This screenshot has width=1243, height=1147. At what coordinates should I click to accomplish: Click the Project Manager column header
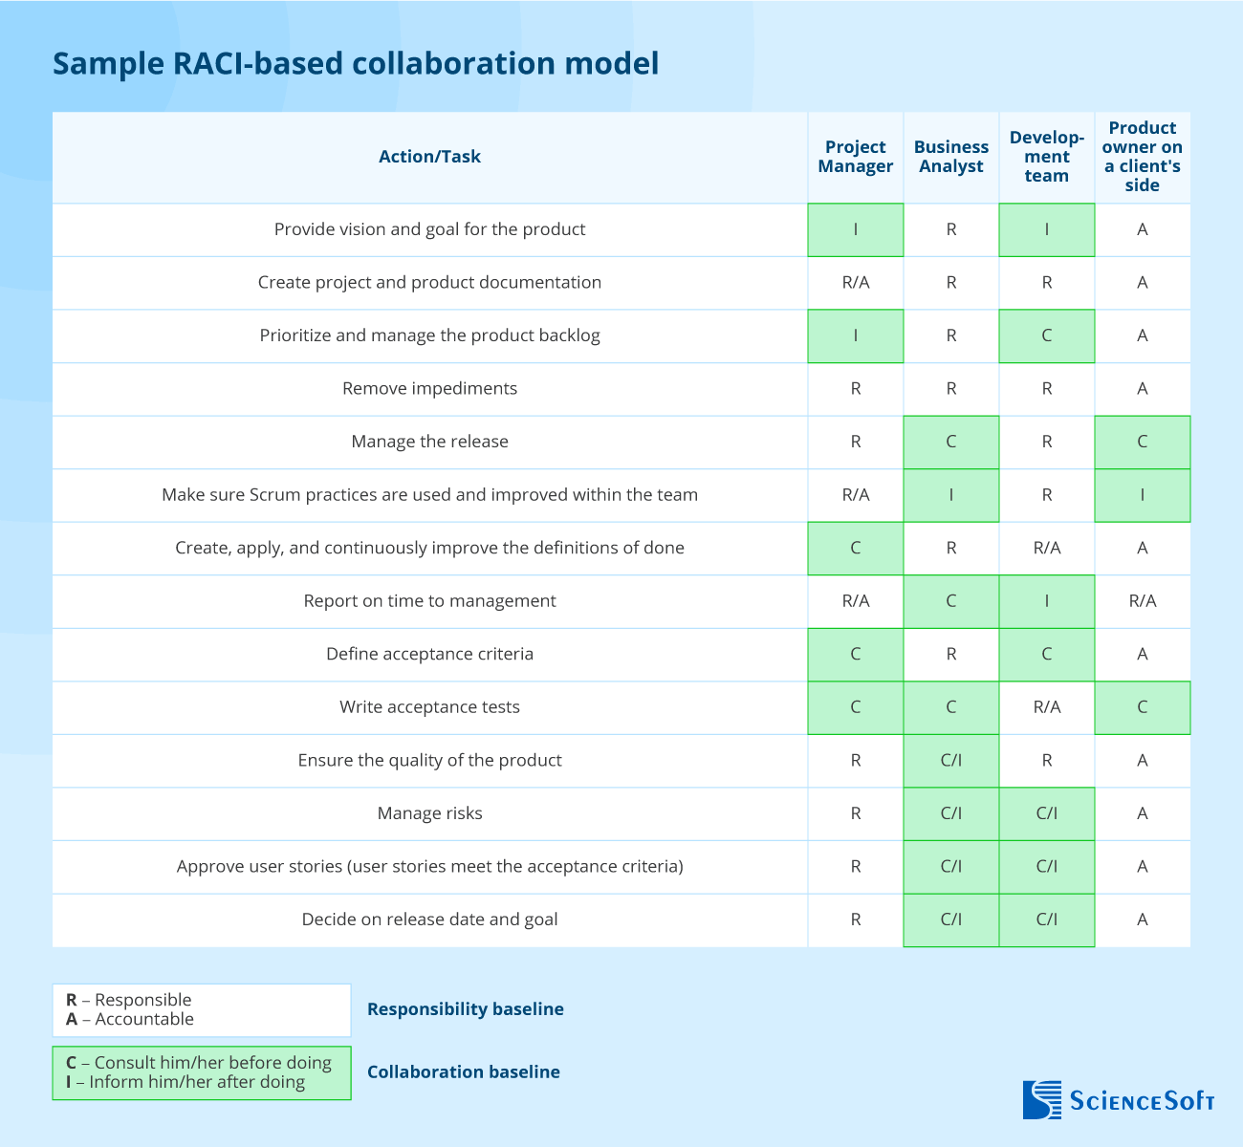(855, 157)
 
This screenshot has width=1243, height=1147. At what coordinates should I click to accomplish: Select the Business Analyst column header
(950, 157)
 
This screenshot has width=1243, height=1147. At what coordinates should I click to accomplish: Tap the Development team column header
(1046, 157)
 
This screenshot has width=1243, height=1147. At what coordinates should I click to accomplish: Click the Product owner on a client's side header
(1143, 157)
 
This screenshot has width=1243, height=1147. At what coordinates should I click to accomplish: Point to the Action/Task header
(429, 157)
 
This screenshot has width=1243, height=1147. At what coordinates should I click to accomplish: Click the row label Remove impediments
(429, 388)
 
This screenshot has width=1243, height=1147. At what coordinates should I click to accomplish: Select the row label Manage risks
(429, 813)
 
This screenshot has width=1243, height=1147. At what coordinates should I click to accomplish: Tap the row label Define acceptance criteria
(429, 654)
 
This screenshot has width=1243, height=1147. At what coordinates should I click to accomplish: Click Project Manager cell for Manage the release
(855, 442)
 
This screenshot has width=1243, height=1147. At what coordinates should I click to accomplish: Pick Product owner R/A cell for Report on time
(1143, 601)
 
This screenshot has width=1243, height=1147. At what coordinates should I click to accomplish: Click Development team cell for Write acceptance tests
(1046, 707)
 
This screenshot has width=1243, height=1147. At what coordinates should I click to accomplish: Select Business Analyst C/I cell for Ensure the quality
(950, 761)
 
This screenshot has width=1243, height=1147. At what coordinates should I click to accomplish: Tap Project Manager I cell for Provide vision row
(855, 229)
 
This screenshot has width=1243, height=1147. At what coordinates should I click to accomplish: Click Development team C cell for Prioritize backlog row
(1046, 335)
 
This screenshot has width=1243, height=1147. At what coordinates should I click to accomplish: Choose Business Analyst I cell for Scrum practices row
(950, 495)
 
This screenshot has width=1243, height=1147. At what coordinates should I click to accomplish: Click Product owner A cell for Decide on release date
(1143, 920)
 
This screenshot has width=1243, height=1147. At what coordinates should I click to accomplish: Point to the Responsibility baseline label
(465, 1009)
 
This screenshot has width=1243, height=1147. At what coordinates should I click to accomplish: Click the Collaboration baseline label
(463, 1072)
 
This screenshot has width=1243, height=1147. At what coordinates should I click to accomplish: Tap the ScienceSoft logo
(1118, 1100)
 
